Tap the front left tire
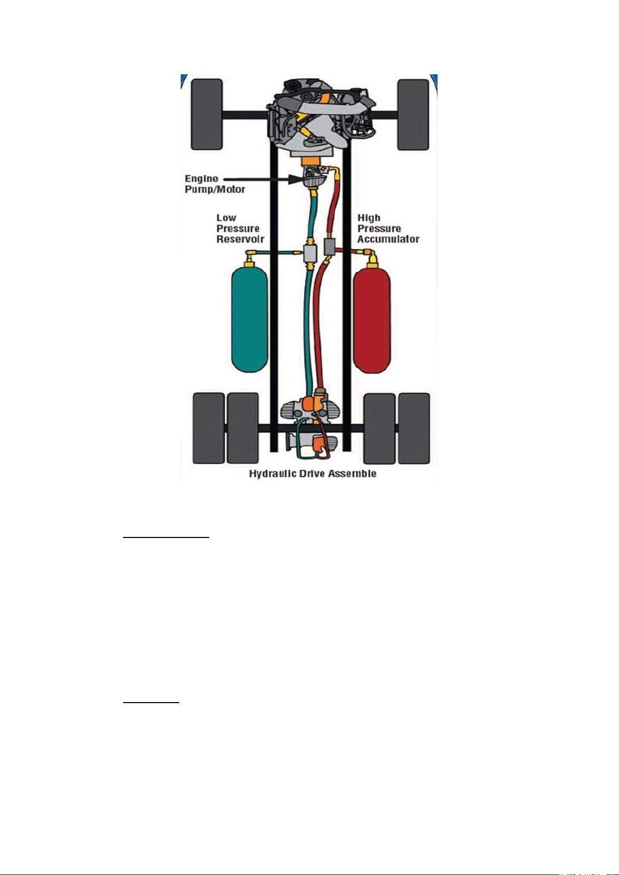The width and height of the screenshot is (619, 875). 207,114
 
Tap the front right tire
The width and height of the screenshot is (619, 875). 413,114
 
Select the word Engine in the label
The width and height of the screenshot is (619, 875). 201,179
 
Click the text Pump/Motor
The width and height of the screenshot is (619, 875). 215,190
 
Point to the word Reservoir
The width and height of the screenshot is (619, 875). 240,239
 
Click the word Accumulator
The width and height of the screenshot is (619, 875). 388,239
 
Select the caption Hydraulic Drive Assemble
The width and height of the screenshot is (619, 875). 313,474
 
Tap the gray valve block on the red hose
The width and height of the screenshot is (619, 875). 330,247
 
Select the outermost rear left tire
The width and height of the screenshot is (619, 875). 209,428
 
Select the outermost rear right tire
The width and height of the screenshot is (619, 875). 413,428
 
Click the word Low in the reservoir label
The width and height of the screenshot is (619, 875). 226,218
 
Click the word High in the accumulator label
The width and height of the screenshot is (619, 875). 369,218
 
